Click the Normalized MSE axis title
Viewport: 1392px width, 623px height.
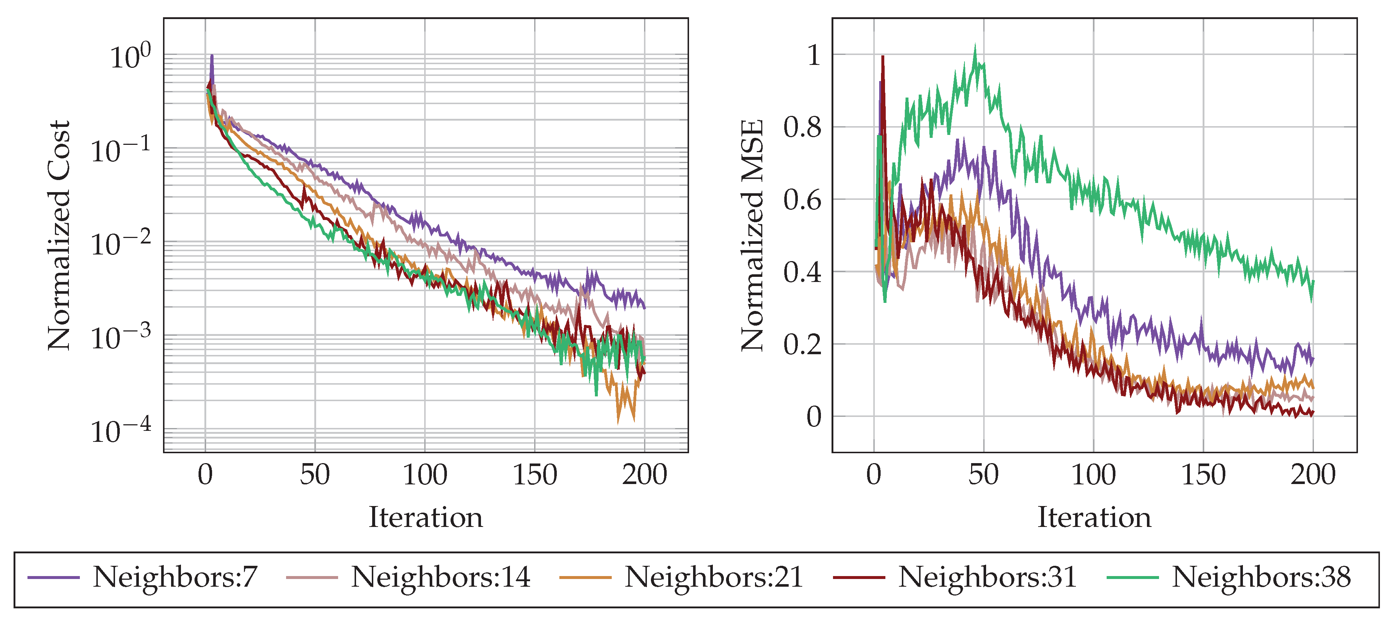(752, 236)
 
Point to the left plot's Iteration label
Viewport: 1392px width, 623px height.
(425, 517)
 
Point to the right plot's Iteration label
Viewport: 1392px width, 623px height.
(1094, 517)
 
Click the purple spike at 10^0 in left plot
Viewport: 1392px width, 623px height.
(212, 56)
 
